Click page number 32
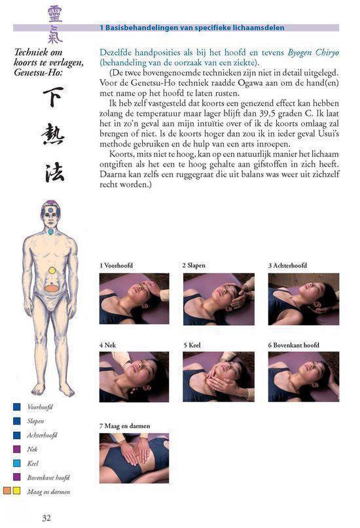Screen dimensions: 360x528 tap(46, 518)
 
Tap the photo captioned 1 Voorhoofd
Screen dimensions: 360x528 tap(134, 299)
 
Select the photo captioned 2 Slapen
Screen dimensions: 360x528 tap(218, 299)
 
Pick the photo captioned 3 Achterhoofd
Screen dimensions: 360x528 tap(303, 299)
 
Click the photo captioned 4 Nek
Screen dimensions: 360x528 tap(134, 376)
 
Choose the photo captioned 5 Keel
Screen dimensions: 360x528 tap(218, 376)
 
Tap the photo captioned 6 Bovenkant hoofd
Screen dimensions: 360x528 tap(303, 376)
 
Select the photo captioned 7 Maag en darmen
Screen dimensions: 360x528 tap(134, 457)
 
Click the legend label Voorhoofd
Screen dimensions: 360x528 tap(40, 407)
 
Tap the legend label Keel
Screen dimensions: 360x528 tap(33, 463)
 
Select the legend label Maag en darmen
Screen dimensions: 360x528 tap(48, 491)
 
